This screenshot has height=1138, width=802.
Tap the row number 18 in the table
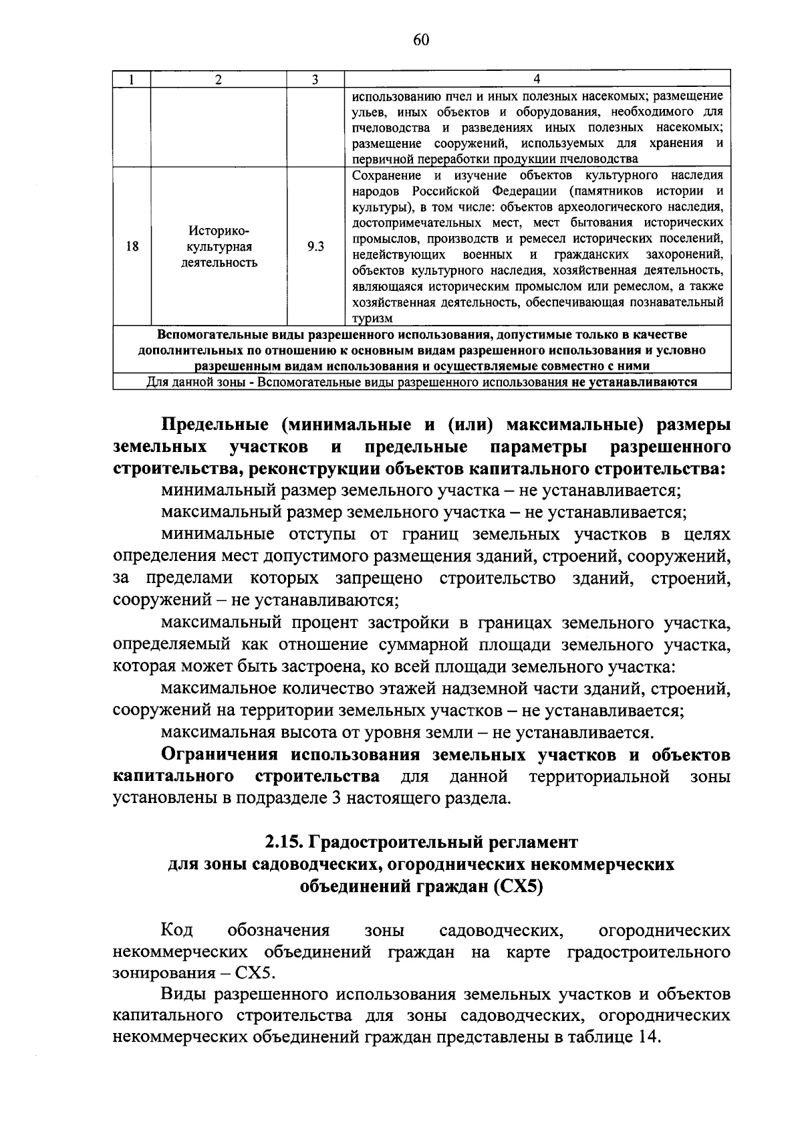pyautogui.click(x=132, y=247)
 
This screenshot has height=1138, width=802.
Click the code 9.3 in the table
pyautogui.click(x=315, y=247)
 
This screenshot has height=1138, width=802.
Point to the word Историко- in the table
pyautogui.click(x=219, y=231)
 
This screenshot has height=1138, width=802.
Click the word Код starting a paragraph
pyautogui.click(x=177, y=930)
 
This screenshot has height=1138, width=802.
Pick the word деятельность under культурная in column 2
pyautogui.click(x=219, y=263)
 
